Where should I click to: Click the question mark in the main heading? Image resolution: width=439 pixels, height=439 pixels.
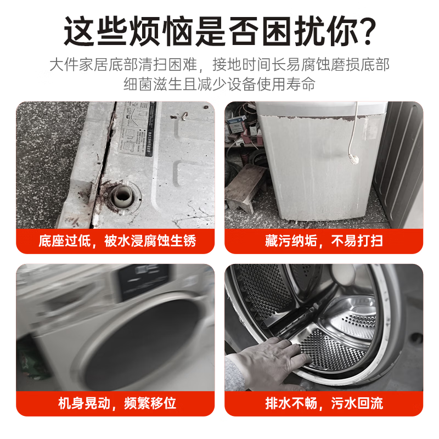(x=363, y=32)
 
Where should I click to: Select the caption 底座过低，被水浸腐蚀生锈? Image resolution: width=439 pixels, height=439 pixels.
(x=117, y=241)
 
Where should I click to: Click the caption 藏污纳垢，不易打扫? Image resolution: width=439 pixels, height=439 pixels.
(x=324, y=241)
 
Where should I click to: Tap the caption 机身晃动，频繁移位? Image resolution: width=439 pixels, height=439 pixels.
(x=117, y=403)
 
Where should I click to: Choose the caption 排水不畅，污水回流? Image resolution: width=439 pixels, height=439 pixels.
(x=324, y=403)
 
